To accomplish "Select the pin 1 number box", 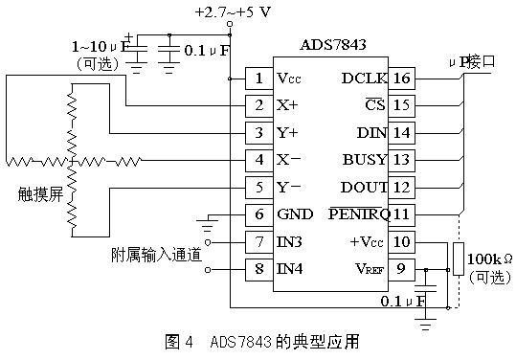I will tap(258, 79).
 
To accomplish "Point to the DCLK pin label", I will tap(364, 79).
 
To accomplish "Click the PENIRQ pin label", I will tap(356, 215).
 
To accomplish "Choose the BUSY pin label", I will tap(364, 159).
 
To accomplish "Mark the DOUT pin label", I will tap(364, 187).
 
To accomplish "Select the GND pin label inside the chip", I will tap(294, 215).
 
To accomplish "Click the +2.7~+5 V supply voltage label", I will tap(232, 12).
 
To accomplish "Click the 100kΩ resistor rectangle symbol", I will tap(458, 259).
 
